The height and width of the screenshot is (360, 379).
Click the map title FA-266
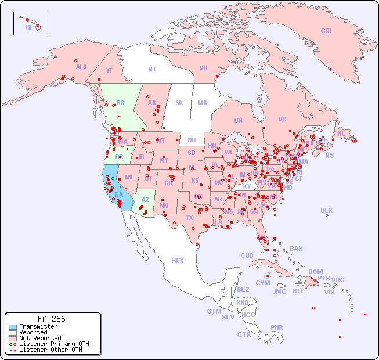click(51, 319)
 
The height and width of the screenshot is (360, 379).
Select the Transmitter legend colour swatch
click(13, 326)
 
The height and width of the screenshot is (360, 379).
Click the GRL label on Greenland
click(327, 31)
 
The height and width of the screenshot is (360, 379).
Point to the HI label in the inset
click(28, 27)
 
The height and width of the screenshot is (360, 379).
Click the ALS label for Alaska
click(81, 67)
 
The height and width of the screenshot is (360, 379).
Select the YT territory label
click(109, 70)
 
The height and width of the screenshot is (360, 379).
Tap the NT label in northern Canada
click(151, 69)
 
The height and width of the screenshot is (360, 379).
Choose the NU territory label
click(203, 68)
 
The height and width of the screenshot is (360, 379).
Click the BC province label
click(121, 103)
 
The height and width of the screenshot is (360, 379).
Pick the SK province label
click(179, 103)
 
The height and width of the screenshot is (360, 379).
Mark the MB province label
click(203, 103)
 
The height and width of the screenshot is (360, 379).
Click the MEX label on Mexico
click(178, 261)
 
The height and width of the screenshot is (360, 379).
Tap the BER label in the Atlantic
click(326, 210)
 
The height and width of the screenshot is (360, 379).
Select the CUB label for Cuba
click(247, 255)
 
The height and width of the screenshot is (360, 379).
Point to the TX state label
click(189, 218)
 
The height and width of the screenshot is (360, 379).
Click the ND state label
click(192, 140)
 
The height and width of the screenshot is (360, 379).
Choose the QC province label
click(282, 119)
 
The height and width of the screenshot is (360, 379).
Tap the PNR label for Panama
click(277, 327)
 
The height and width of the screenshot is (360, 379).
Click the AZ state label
click(145, 200)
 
